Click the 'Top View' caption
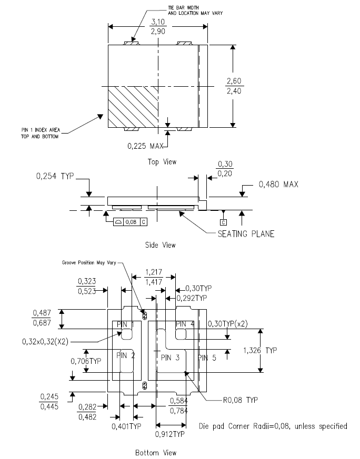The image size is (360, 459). point(162,162)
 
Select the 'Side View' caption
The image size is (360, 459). point(161,245)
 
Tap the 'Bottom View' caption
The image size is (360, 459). point(156,453)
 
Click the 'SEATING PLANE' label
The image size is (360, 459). point(246,234)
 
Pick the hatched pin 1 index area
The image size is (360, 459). point(133,107)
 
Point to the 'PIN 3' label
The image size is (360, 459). point(170,358)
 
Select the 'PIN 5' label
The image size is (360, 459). point(207,358)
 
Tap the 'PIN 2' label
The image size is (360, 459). point(126,355)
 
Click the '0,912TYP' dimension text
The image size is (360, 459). point(169,434)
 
